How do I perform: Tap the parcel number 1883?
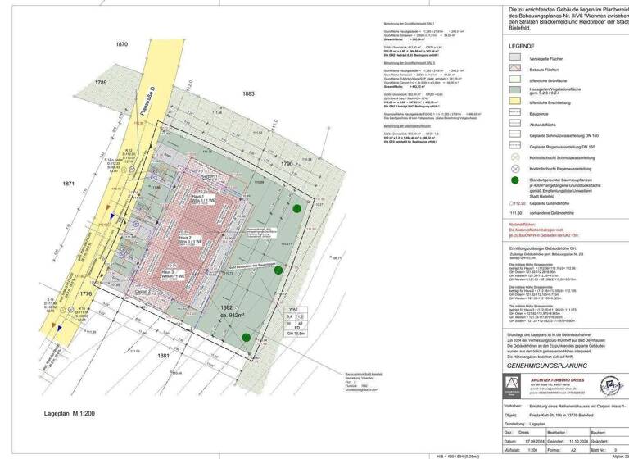point(248,94)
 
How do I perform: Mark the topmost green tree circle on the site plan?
point(296,209)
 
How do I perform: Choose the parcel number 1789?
point(102,83)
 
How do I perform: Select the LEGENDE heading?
point(522,47)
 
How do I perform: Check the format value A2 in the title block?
point(574,449)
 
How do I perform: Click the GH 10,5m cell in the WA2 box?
point(296,333)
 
